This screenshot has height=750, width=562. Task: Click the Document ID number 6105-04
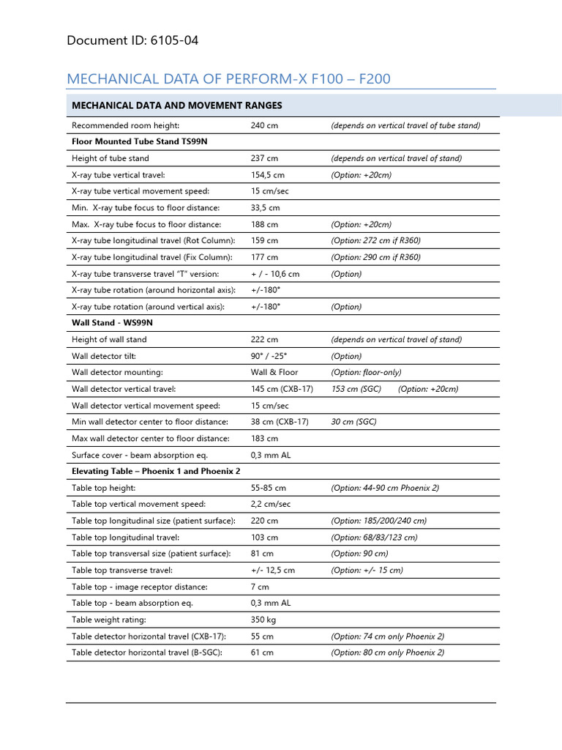173,40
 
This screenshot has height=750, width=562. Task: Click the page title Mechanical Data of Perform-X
233,78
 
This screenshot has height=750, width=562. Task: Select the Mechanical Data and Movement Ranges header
176,105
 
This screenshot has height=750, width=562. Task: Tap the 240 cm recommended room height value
263,125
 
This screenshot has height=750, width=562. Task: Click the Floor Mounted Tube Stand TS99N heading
140,141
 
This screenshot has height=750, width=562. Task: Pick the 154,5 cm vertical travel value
267,174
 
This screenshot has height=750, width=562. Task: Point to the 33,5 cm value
265,208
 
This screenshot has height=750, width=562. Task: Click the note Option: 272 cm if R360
375,240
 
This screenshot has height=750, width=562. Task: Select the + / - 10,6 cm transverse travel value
275,274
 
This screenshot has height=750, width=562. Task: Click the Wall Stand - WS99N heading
112,322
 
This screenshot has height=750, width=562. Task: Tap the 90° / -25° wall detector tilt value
269,356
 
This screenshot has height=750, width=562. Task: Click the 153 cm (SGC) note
356,389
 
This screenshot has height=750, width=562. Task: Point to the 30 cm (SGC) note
353,422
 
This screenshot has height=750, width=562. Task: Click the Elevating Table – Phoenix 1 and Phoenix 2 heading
156,471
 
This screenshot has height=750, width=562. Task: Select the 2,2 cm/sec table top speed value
270,504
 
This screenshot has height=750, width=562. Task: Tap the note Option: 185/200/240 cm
378,521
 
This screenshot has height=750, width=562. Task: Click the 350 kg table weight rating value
264,620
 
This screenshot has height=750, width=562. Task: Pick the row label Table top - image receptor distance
140,587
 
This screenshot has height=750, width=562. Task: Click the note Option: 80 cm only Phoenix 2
387,653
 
